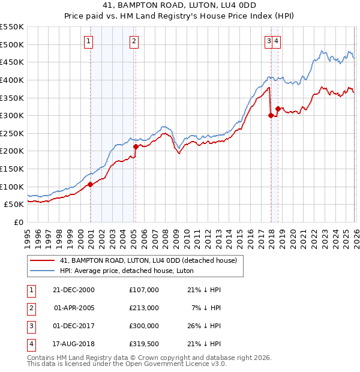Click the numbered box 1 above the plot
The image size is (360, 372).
pos(88,41)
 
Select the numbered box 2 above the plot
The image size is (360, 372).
pos(133,41)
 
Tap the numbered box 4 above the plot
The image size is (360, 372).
pos(279,41)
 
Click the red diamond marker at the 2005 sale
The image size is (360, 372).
pos(136,146)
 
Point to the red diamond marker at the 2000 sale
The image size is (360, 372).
pos(91,184)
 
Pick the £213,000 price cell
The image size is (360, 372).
pos(143,308)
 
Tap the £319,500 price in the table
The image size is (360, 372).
pos(143,344)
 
